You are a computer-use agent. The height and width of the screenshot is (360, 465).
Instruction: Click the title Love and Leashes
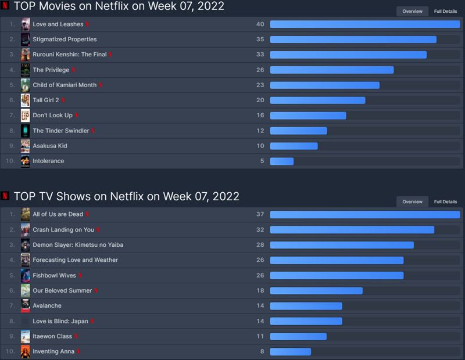[58, 24]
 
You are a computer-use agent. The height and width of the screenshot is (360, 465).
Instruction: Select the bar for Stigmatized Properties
[353, 39]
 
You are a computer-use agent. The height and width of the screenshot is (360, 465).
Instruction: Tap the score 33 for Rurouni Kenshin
[260, 55]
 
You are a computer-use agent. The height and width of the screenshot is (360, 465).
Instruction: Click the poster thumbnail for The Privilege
[25, 70]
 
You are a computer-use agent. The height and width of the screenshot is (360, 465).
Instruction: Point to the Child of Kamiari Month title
[65, 85]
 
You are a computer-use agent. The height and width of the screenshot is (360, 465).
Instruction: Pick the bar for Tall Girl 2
[317, 100]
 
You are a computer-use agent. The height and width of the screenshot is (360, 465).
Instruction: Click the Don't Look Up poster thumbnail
[25, 115]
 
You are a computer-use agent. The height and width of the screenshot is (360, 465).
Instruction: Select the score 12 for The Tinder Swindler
[260, 131]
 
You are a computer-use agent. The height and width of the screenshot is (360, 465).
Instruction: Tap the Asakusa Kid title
[50, 146]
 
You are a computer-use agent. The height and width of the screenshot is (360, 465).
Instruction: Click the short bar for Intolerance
[282, 161]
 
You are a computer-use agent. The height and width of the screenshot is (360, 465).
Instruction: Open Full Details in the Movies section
[445, 11]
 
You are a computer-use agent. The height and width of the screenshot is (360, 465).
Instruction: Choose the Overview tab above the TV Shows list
[412, 201]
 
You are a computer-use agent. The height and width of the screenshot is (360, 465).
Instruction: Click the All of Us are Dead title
[58, 214]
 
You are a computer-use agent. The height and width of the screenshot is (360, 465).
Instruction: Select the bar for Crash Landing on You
[352, 229]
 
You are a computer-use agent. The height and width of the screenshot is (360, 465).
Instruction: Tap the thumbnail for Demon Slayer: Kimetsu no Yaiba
[25, 244]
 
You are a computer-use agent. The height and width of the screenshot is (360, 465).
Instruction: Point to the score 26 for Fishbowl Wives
[260, 275]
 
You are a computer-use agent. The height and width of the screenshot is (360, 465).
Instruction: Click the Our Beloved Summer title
[62, 290]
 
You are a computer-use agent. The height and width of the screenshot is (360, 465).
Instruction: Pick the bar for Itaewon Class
[298, 336]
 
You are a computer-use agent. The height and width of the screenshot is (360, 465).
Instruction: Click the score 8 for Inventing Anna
[262, 351]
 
